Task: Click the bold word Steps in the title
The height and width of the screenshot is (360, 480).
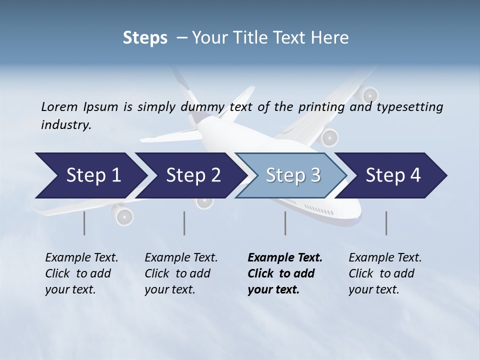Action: (145, 38)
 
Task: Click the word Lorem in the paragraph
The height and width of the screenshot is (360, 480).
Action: (59, 106)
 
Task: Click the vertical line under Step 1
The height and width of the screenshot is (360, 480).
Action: (84, 223)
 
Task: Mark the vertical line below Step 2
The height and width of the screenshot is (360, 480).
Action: (184, 223)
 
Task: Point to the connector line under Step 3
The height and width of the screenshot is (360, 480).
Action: (285, 223)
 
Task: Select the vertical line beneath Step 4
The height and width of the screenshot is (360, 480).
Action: (386, 223)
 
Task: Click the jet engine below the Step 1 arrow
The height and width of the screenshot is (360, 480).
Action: (123, 215)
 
